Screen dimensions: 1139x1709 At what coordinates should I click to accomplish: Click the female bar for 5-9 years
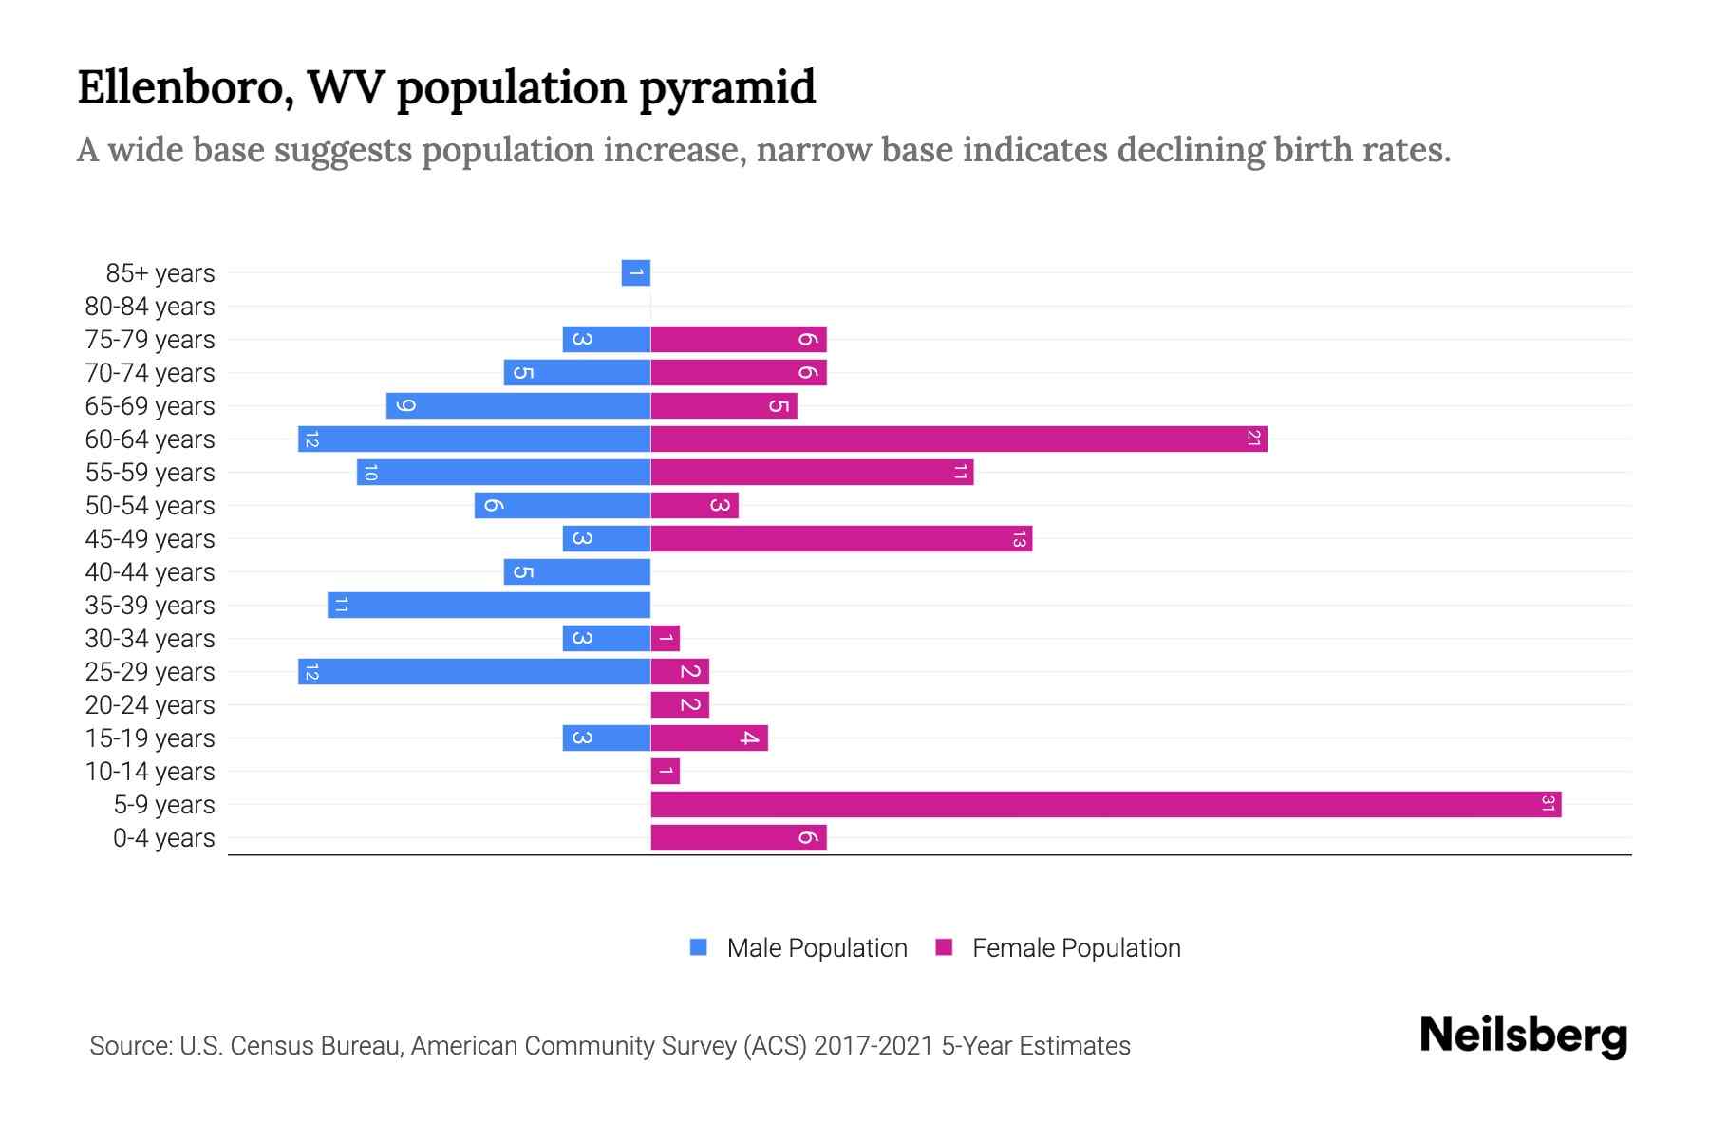click(1106, 804)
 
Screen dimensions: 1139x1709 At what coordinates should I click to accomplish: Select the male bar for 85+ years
click(636, 272)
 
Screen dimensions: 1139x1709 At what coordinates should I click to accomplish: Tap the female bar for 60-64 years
click(959, 439)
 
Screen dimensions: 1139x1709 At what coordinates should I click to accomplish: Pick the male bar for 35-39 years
click(489, 605)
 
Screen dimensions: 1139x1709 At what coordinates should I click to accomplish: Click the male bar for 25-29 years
click(475, 671)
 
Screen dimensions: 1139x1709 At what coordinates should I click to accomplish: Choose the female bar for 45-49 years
click(841, 538)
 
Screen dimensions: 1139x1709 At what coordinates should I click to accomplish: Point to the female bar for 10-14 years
click(666, 771)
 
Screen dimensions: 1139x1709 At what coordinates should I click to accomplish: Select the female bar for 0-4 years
click(739, 837)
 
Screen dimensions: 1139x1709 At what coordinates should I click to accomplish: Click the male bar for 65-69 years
click(518, 405)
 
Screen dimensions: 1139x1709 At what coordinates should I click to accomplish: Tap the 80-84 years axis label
click(150, 307)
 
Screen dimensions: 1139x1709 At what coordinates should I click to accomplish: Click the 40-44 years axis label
click(150, 572)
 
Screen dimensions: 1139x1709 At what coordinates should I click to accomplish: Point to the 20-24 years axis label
click(150, 705)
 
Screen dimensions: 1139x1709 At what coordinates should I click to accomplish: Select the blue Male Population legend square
click(699, 947)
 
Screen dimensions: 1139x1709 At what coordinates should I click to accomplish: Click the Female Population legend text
click(1076, 948)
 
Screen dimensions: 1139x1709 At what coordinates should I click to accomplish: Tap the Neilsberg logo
click(1523, 1036)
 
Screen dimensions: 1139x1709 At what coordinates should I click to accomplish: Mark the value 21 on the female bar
click(1253, 439)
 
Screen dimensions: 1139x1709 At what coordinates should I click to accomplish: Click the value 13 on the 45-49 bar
click(1019, 539)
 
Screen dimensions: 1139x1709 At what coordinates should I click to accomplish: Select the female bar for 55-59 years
click(812, 472)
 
